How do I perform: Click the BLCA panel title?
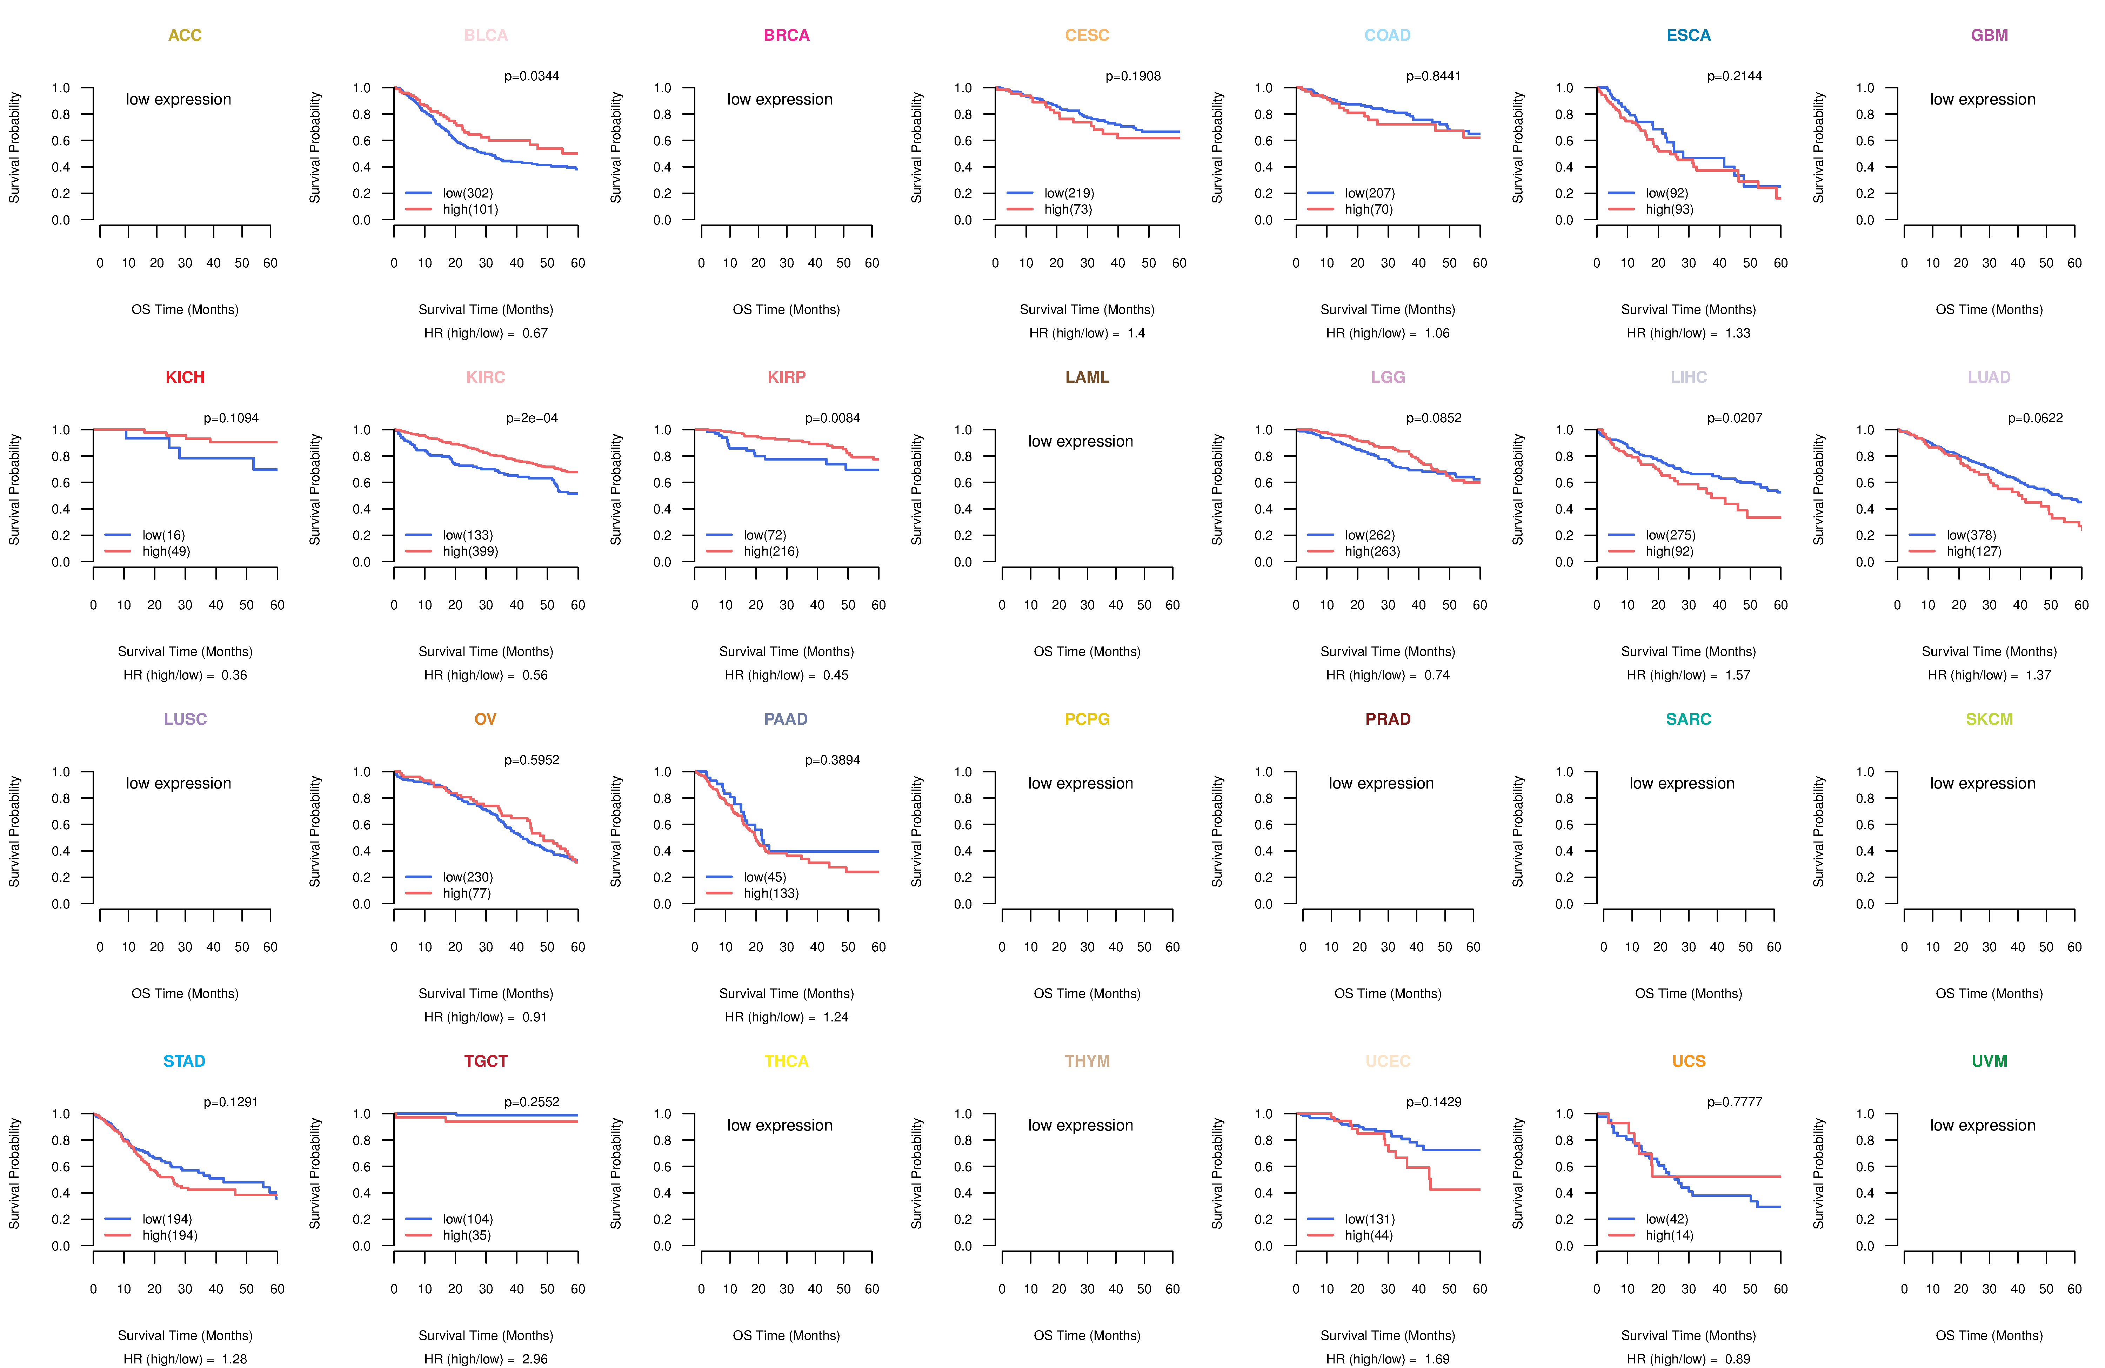coord(486,35)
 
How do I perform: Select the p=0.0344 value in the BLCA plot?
coord(532,76)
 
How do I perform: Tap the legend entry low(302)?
coord(468,193)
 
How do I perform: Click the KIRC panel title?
coord(486,377)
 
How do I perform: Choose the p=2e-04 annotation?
coord(532,418)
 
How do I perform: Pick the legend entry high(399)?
coord(470,551)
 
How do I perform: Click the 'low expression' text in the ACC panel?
coord(179,99)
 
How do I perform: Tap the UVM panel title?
coord(1989,1061)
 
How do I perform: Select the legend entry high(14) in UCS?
coord(1670,1235)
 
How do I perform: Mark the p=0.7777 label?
coord(1735,1102)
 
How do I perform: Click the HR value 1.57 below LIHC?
coord(1738,675)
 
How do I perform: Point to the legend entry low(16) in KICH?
coord(163,535)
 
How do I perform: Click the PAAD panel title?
coord(786,719)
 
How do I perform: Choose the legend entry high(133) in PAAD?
coord(771,893)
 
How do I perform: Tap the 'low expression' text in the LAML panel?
coord(1081,441)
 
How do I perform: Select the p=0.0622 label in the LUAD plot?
coord(2035,418)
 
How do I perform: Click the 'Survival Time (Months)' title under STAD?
coord(185,1335)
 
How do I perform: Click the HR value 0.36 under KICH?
coord(234,675)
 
